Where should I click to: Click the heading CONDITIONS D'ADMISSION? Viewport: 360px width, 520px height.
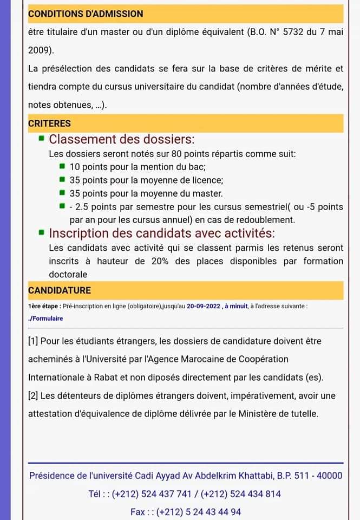click(86, 14)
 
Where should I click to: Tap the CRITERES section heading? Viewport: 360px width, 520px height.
click(49, 123)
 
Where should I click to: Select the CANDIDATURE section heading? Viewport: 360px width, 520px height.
click(60, 291)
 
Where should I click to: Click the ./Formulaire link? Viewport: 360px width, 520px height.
click(45, 318)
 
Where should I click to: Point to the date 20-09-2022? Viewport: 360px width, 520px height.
click(204, 306)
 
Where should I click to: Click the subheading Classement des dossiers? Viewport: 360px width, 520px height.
click(122, 139)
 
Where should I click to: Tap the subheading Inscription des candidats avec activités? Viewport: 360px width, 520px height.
click(162, 233)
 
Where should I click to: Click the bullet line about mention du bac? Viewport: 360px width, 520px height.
click(138, 167)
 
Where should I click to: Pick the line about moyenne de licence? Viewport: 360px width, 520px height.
click(146, 180)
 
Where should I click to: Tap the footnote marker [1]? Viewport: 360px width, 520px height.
click(33, 341)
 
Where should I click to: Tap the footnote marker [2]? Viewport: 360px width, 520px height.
click(33, 396)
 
